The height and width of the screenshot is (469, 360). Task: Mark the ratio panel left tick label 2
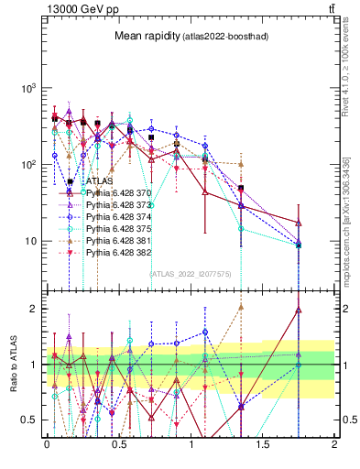pyautogui.click(x=35, y=309)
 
